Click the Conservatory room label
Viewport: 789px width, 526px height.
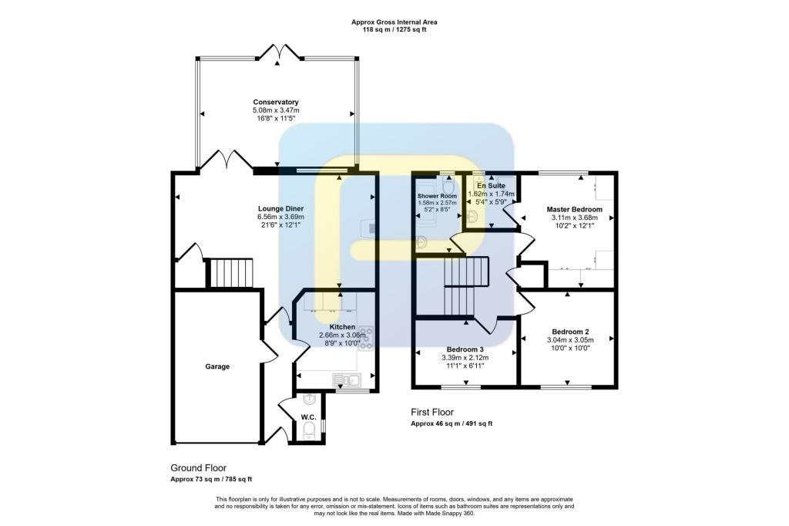[x=276, y=103]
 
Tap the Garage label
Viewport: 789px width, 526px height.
[x=217, y=366]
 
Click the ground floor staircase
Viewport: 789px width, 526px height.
[x=231, y=273]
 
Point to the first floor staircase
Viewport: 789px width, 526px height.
[x=466, y=286]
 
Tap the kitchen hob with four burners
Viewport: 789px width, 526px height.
[x=364, y=337]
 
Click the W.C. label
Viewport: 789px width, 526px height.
[x=308, y=417]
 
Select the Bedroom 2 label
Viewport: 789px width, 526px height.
[x=567, y=331]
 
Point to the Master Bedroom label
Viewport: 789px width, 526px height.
[x=574, y=209]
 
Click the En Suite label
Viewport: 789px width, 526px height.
[x=491, y=186]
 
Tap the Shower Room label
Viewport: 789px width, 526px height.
[x=437, y=196]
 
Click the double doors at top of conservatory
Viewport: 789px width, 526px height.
[x=277, y=52]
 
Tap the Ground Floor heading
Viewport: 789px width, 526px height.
[x=198, y=468]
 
